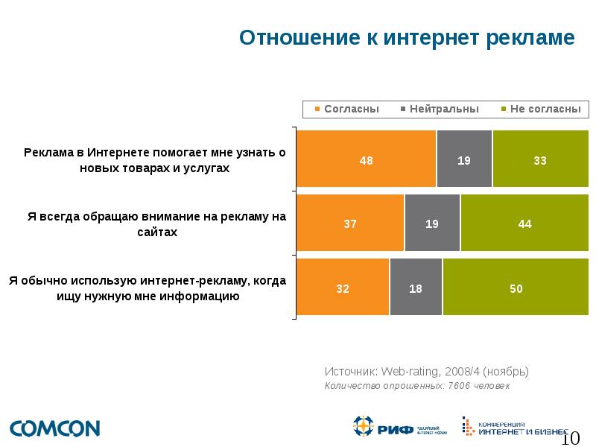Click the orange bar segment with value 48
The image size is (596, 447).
366,159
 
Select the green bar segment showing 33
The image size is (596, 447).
540,159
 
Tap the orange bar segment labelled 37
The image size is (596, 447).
350,223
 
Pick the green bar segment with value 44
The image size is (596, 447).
524,223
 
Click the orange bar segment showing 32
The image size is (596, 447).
343,288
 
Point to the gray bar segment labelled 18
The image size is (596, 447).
416,288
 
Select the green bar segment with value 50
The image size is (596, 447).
516,288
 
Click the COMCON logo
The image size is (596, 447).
54,428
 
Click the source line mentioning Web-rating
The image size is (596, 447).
427,371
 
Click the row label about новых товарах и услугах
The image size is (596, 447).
155,160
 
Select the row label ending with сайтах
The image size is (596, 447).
156,224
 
